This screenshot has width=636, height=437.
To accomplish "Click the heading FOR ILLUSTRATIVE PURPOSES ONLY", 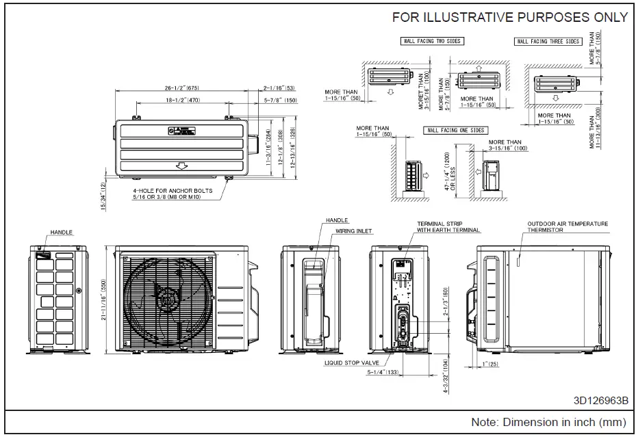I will pos(509,18).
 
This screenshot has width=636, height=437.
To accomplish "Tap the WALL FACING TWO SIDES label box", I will pos(431,42).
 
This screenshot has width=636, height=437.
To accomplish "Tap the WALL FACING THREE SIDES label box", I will pos(548,42).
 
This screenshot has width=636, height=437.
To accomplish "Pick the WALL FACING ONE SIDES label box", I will pos(453,130).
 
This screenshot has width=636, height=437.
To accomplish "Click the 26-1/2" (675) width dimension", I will pos(172,88).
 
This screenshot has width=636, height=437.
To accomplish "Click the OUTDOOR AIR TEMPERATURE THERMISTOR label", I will pos(568,227).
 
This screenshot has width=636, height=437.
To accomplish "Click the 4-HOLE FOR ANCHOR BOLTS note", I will pos(173,194).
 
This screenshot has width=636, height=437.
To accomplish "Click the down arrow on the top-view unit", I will pos(181,165).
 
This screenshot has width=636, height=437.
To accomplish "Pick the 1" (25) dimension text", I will pos(491,364).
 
